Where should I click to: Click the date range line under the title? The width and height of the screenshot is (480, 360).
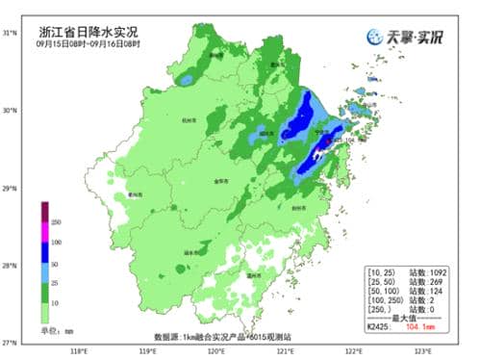(88, 44)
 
